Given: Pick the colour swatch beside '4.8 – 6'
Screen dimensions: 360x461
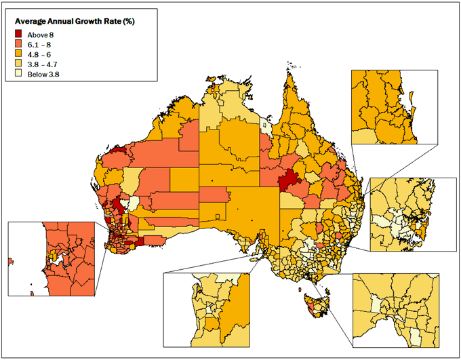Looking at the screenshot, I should [x=20, y=55].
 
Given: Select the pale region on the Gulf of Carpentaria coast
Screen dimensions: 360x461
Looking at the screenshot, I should [x=267, y=127].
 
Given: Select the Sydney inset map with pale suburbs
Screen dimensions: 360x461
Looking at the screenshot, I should [x=412, y=214].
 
